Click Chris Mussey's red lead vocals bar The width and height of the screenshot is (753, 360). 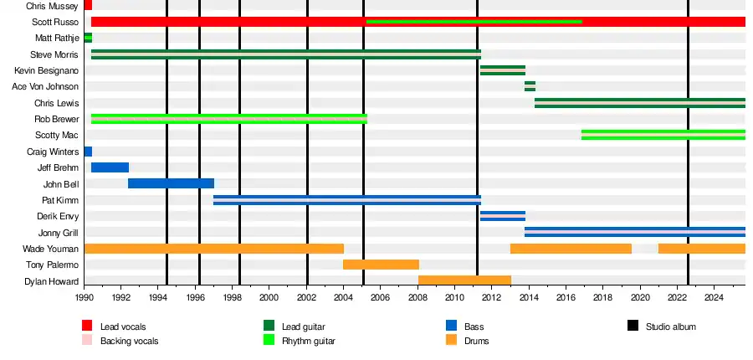point(88,5)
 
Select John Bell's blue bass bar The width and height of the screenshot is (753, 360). point(171,183)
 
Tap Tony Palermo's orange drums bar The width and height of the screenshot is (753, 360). point(381,265)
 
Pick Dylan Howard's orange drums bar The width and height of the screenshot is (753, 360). point(464,280)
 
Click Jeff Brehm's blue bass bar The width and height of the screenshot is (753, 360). point(110,167)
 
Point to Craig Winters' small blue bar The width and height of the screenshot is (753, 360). point(88,152)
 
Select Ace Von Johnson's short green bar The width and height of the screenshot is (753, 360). point(530,86)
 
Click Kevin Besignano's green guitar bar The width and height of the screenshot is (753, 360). point(502,70)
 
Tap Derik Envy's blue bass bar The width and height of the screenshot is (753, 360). point(502,216)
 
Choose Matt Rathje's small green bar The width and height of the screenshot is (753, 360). point(88,38)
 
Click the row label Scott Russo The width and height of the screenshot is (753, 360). point(55,22)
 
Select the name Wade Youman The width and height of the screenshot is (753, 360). point(51,249)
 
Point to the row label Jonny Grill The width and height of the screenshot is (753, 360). point(59,233)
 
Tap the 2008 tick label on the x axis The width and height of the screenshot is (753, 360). point(417,297)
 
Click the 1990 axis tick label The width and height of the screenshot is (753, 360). point(85,297)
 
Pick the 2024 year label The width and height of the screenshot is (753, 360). point(714,297)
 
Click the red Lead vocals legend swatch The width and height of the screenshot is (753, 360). point(87,327)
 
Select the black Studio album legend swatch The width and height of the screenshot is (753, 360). point(633,327)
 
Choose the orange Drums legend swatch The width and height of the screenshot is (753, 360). point(451,341)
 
